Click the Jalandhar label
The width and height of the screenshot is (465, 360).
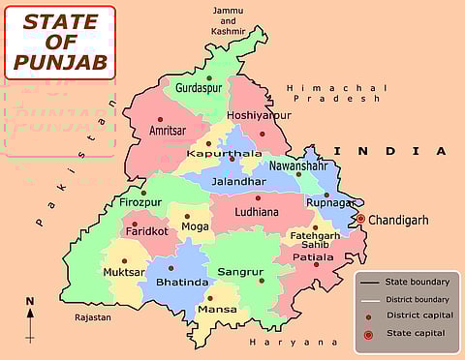(238, 181)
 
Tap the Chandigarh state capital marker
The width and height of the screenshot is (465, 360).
(360, 220)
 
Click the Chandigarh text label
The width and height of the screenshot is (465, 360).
(398, 220)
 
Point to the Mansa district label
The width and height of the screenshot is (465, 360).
(216, 311)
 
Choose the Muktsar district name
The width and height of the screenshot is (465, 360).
(124, 273)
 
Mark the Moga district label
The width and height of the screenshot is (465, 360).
(196, 226)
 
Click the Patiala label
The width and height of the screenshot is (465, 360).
(312, 258)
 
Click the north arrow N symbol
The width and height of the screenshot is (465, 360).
(30, 302)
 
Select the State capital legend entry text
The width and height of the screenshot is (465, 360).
(416, 333)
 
